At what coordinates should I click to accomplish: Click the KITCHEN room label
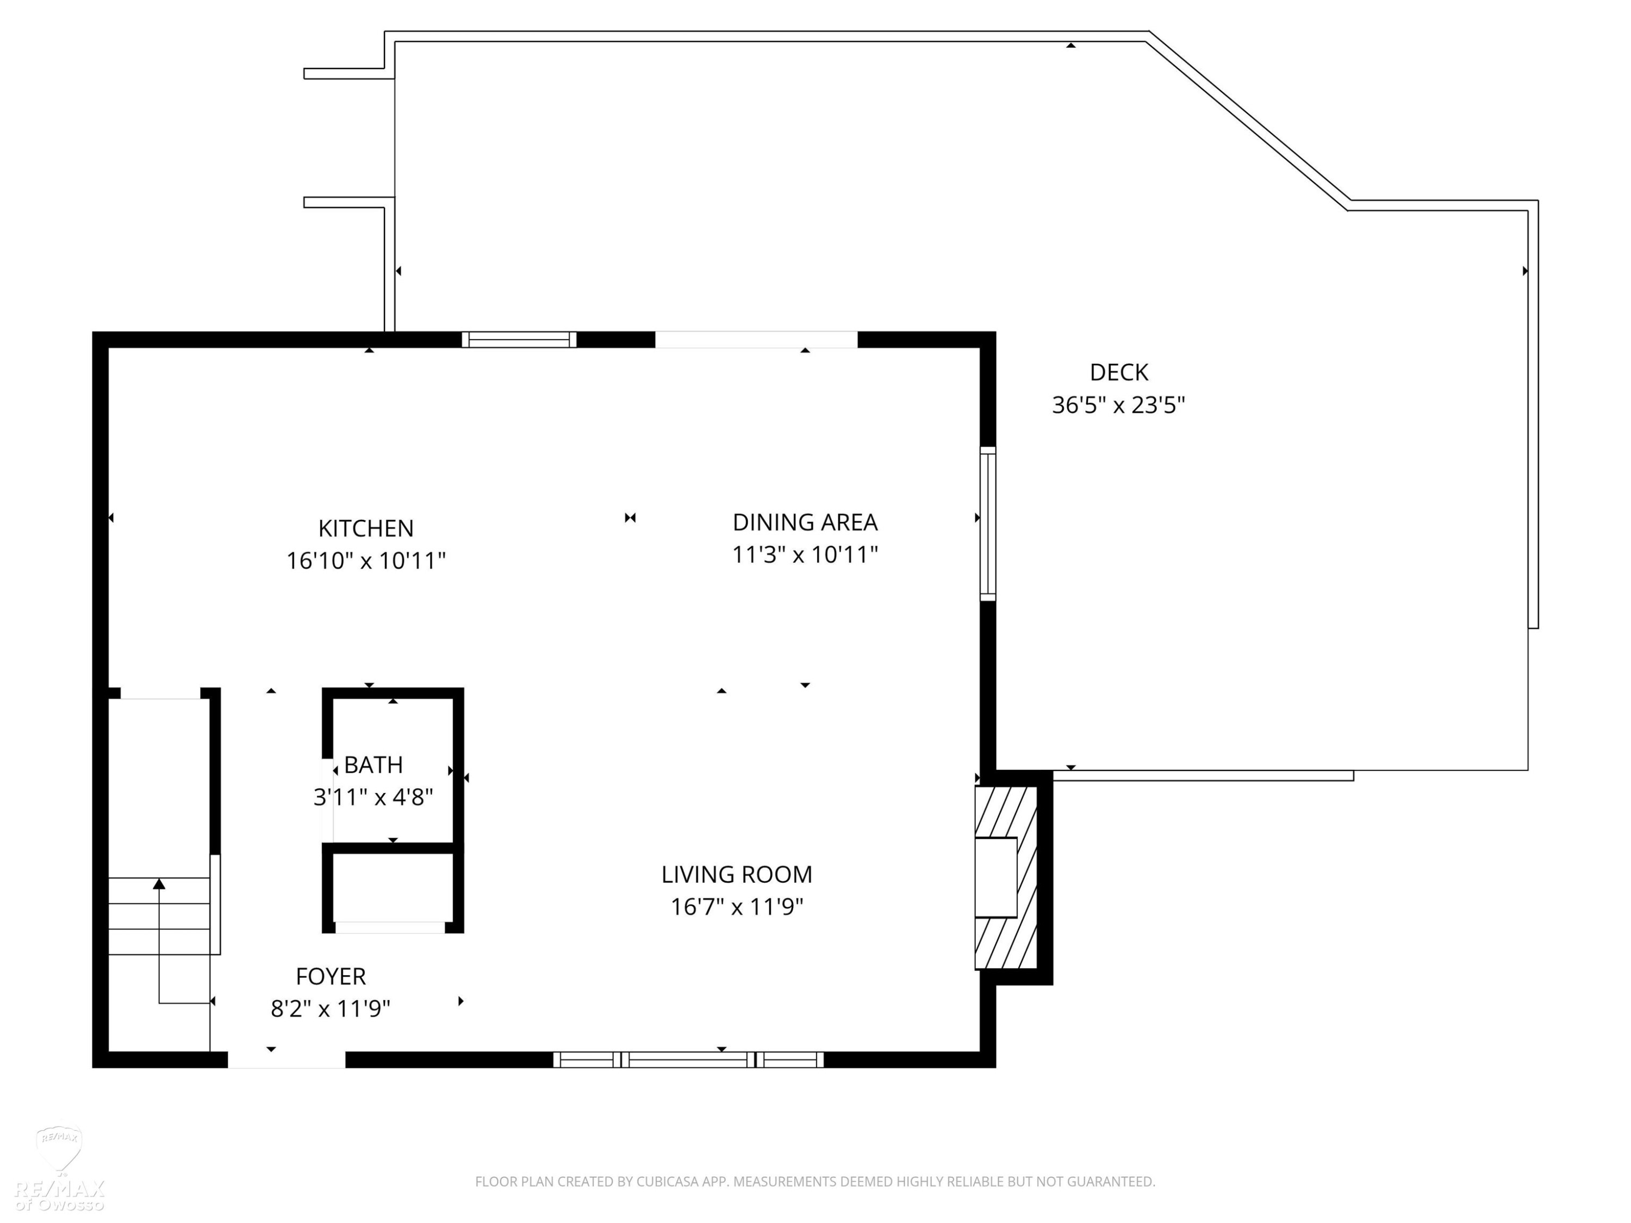pyautogui.click(x=366, y=528)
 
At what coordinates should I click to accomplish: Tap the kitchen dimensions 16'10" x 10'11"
pyautogui.click(x=366, y=561)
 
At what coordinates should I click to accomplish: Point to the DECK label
pyautogui.click(x=1118, y=372)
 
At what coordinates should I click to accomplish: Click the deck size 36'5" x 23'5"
pyautogui.click(x=1118, y=405)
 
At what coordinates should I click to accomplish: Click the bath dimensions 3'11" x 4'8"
pyautogui.click(x=373, y=797)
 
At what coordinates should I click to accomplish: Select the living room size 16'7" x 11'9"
pyautogui.click(x=737, y=907)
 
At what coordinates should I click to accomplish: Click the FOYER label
pyautogui.click(x=331, y=977)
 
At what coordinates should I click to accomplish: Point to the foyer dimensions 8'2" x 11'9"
pyautogui.click(x=331, y=1008)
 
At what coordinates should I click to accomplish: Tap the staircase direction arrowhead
pyautogui.click(x=159, y=884)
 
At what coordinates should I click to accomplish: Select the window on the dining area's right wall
pyautogui.click(x=988, y=523)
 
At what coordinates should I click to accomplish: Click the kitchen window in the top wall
pyautogui.click(x=519, y=340)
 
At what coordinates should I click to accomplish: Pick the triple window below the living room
pyautogui.click(x=689, y=1060)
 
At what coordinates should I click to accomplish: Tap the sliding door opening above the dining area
pyautogui.click(x=757, y=340)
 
